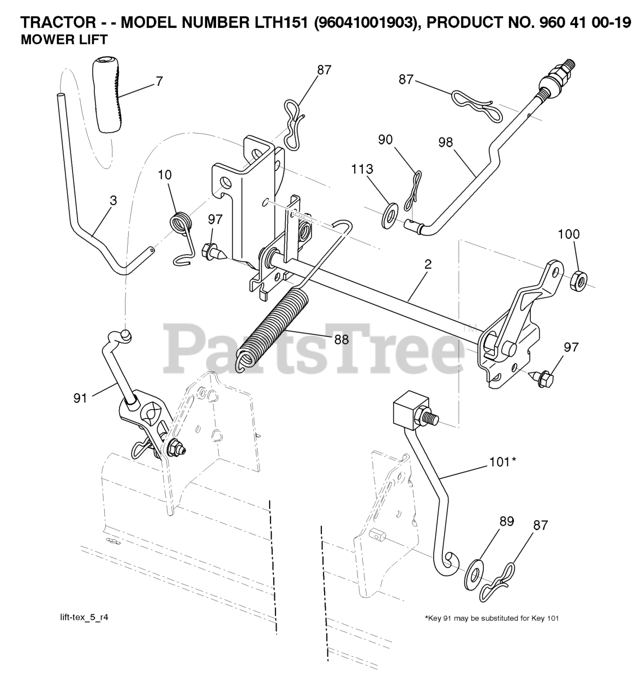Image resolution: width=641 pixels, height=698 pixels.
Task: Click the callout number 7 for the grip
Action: [159, 82]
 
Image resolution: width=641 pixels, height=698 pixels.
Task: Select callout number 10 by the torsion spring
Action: [165, 175]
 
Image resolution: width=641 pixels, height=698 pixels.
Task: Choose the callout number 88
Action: [341, 339]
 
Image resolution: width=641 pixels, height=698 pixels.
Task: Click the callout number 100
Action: [568, 234]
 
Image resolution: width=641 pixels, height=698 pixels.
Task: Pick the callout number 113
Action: [362, 169]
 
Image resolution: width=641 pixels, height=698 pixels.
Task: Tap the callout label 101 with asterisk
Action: [501, 462]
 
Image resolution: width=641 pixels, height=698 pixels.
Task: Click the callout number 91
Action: [80, 399]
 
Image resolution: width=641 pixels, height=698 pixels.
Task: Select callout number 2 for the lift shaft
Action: [428, 264]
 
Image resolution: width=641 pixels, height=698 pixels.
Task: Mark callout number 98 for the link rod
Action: [445, 142]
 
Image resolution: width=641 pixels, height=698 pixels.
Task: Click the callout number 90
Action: [385, 140]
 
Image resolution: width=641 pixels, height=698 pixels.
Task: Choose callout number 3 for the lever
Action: [113, 200]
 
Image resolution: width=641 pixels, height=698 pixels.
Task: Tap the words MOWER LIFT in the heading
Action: [63, 39]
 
